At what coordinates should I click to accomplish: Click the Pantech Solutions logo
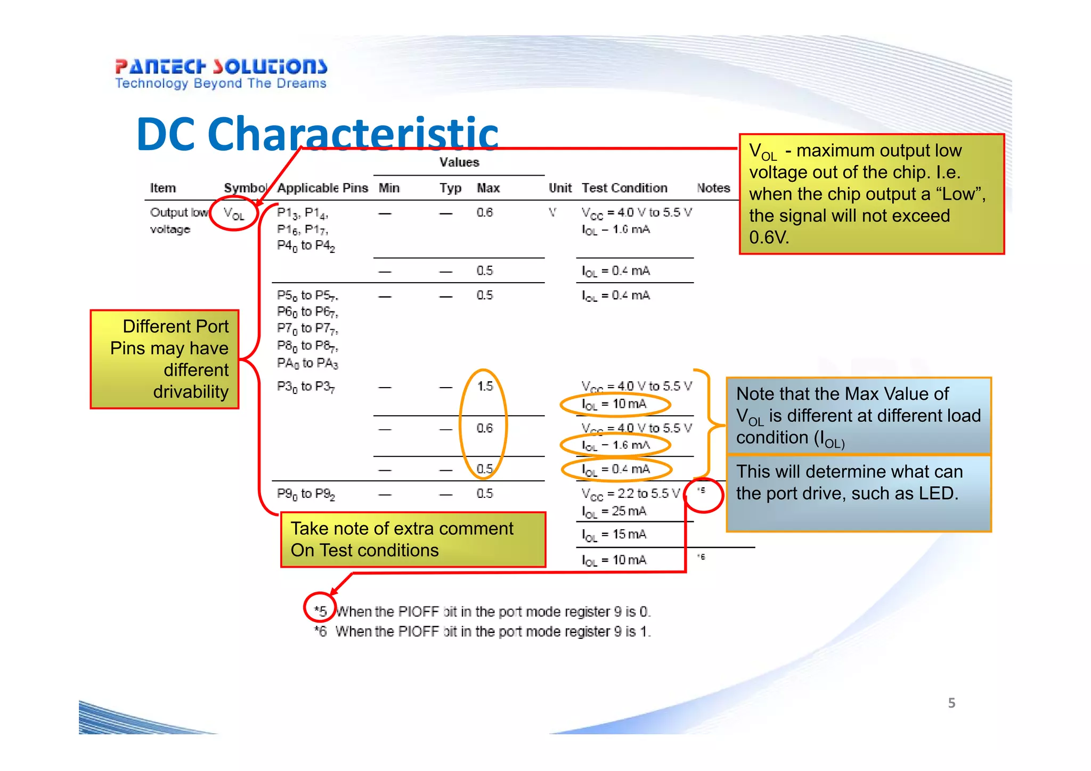click(221, 73)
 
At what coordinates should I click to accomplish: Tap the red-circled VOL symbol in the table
click(234, 215)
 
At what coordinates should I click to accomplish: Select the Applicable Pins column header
click(322, 188)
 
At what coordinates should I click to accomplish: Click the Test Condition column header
click(624, 188)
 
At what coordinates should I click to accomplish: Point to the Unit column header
click(559, 188)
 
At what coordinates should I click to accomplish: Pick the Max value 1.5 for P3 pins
click(485, 386)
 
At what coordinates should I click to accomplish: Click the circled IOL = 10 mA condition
click(614, 404)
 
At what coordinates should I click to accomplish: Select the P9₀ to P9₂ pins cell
click(306, 494)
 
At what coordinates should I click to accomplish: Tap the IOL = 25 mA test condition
click(614, 511)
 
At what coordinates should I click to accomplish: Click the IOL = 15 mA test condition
click(614, 535)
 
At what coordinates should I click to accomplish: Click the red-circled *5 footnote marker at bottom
click(320, 610)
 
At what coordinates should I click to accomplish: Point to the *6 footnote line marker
click(320, 631)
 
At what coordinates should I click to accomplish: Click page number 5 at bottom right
click(951, 703)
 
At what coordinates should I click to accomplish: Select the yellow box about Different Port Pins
click(165, 359)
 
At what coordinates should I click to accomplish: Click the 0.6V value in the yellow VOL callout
click(769, 237)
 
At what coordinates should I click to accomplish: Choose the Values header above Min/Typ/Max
click(459, 162)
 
